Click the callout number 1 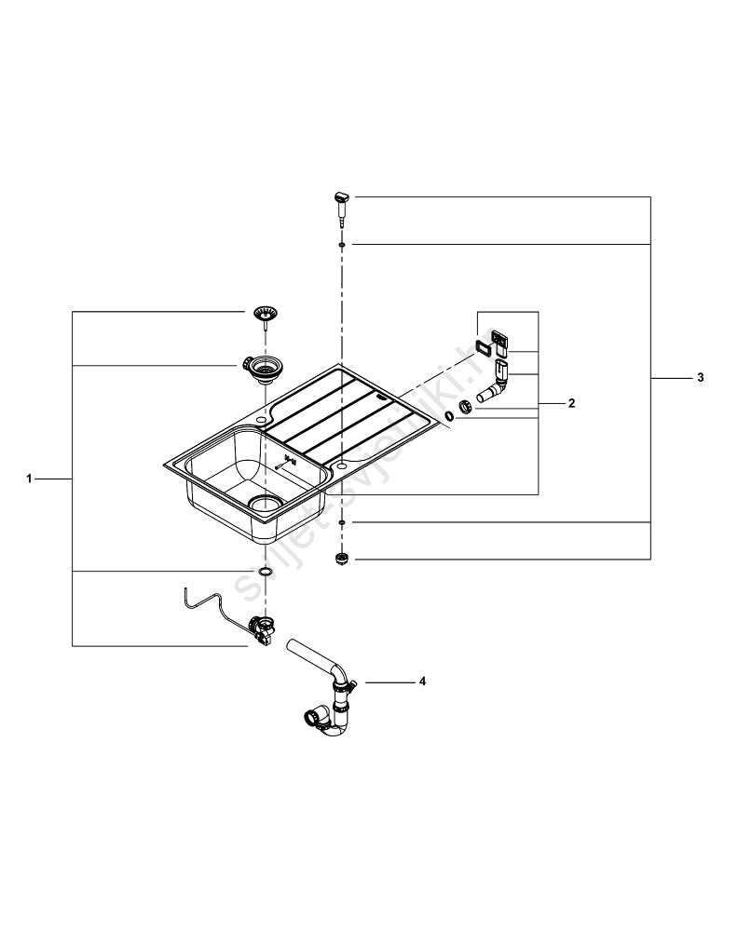pyautogui.click(x=30, y=479)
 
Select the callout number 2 pyautogui.click(x=571, y=404)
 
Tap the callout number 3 pyautogui.click(x=700, y=378)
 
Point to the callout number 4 pyautogui.click(x=422, y=681)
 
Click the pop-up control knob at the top pyautogui.click(x=340, y=198)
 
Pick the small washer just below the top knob pyautogui.click(x=343, y=244)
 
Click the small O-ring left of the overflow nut pyautogui.click(x=449, y=415)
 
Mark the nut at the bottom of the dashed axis pyautogui.click(x=342, y=559)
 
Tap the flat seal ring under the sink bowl pyautogui.click(x=264, y=571)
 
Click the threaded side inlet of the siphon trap pyautogui.click(x=311, y=718)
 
